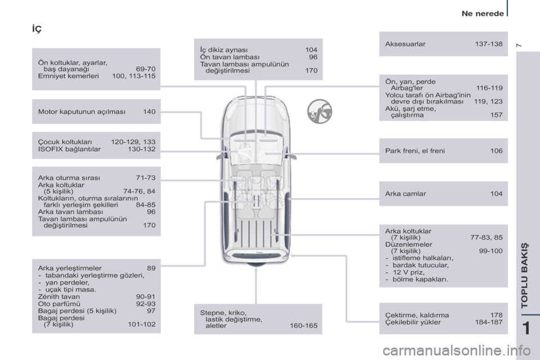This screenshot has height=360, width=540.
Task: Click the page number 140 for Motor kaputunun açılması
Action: (x=149, y=112)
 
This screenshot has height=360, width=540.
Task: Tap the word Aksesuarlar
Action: (x=405, y=43)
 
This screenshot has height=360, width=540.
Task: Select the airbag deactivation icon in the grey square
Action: (x=318, y=111)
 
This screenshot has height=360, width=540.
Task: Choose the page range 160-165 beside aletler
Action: (x=303, y=326)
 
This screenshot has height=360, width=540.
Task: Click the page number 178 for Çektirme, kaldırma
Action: (x=496, y=315)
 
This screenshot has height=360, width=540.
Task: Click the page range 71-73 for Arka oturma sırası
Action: (x=146, y=178)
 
